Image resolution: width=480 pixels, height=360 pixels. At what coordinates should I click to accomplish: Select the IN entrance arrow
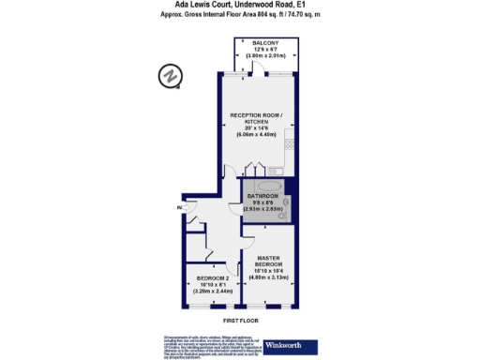pos(178,207)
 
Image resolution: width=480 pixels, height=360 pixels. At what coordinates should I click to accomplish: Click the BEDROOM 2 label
pos(212,278)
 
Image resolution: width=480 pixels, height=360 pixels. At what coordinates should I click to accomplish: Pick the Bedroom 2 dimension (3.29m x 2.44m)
pos(212,292)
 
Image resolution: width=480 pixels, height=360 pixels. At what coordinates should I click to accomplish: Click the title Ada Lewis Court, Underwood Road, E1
pos(239,6)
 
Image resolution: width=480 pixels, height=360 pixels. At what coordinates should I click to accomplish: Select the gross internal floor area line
pos(239,17)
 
